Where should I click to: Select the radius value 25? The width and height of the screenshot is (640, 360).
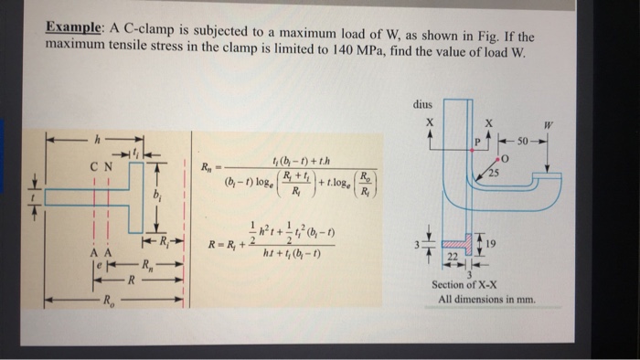point(494,173)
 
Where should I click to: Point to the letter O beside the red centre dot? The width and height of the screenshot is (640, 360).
point(502,157)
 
